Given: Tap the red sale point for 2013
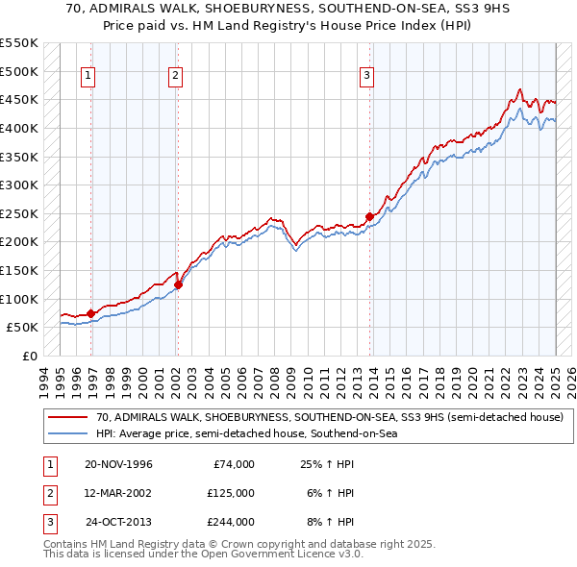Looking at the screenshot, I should pos(370,216).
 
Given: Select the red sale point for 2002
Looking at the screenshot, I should pos(178,284).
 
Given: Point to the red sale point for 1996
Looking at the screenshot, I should pos(90,313).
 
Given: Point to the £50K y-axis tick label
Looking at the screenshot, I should pos(23,327).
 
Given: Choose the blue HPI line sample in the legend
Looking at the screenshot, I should pos(68,433).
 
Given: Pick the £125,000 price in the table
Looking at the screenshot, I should pos(231,493).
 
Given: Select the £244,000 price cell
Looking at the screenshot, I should pos(231,522).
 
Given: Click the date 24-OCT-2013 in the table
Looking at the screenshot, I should pos(119,522).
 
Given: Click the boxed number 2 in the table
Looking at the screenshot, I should pos(48,493).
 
